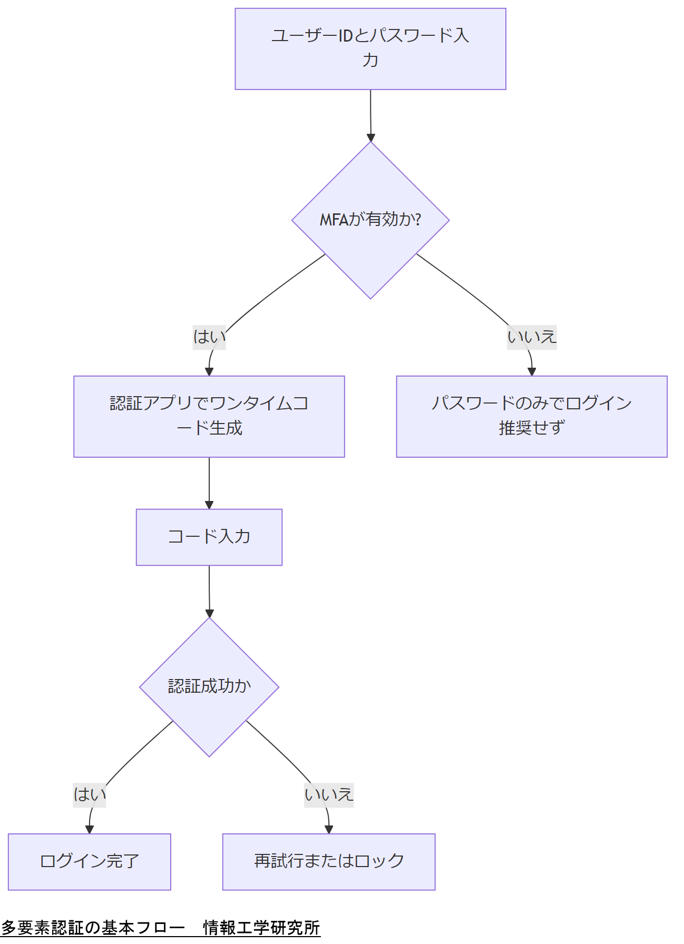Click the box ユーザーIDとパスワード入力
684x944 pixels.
370,48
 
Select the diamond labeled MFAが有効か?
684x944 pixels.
370,220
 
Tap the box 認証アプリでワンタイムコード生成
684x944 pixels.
209,416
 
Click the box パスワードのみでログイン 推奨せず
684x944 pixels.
531,416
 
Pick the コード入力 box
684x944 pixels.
209,537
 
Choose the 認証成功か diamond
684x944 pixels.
209,686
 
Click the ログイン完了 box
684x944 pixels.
89,861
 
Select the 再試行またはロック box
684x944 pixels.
328,861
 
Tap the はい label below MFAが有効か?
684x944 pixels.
209,337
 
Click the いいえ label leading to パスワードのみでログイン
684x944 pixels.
531,337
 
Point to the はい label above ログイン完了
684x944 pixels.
89,794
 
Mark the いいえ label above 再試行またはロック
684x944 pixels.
328,794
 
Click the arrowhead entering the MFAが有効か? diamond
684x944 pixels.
370,138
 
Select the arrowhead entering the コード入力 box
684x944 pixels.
209,505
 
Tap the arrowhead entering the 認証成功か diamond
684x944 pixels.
209,614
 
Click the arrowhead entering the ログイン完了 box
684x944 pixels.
89,829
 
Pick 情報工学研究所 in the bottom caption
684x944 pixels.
261,927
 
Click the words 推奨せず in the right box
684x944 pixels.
531,428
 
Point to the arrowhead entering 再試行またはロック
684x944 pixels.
328,829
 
